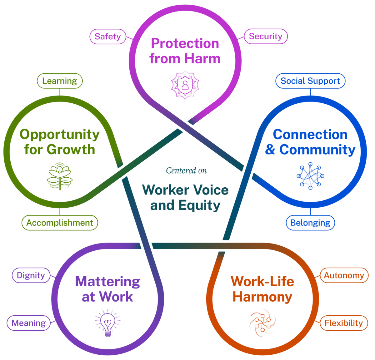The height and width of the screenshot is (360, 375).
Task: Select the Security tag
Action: click(266, 36)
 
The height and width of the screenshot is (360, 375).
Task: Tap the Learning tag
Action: click(60, 81)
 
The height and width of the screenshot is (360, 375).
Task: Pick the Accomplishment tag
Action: click(60, 223)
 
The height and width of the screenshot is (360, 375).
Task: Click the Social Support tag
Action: click(310, 81)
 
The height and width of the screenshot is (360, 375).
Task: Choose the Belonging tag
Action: click(310, 223)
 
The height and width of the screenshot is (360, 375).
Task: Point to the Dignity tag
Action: click(31, 275)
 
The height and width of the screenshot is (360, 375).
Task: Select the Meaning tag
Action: click(29, 323)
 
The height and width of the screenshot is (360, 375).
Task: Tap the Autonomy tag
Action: click(344, 275)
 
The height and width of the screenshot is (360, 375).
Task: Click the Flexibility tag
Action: click(343, 323)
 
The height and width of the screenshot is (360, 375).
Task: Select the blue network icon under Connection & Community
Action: click(310, 175)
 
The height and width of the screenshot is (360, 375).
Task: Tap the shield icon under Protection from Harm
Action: click(185, 85)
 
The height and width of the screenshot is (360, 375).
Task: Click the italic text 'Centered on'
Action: click(186, 170)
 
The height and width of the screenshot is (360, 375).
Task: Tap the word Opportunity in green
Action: click(59, 135)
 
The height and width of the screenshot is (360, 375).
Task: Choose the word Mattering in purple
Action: click(108, 282)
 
